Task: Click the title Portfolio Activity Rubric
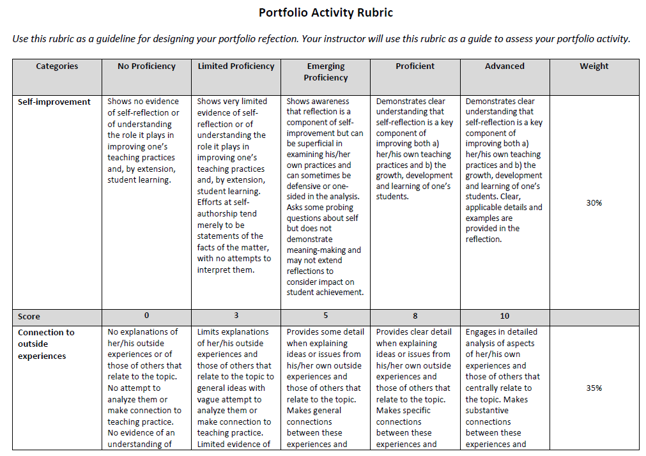326,13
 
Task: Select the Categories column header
57,66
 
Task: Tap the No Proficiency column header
146,66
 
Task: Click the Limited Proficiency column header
236,66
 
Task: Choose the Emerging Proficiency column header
326,72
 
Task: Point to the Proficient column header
415,66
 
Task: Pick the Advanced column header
504,66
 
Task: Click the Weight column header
594,66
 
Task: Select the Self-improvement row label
54,102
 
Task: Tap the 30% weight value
594,203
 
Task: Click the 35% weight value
594,388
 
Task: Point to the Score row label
29,317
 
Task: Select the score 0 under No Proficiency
146,316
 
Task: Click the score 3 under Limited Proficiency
236,316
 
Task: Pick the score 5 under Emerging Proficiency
325,316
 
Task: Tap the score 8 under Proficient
415,316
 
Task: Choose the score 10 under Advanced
504,316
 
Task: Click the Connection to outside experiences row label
45,344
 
